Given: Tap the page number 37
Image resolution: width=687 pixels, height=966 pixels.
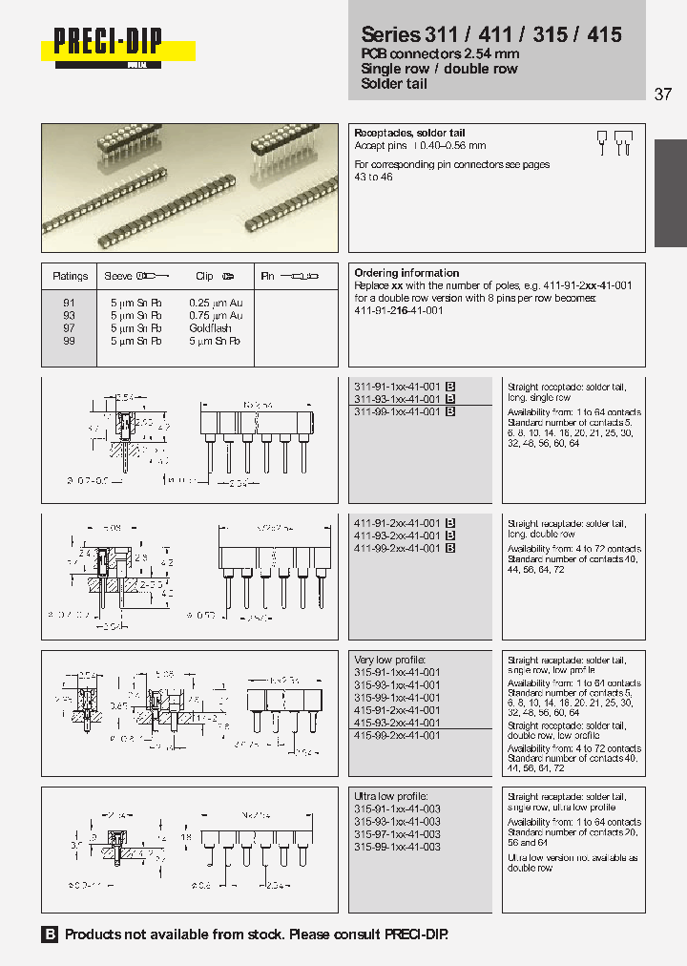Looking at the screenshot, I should (x=663, y=94).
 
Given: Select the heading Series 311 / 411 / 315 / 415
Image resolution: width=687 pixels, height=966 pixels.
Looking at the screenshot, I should (x=491, y=35).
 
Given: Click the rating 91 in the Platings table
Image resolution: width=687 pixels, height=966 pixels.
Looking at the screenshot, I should (x=69, y=303).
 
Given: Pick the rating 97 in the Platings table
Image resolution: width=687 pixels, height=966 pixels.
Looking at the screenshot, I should (x=69, y=328).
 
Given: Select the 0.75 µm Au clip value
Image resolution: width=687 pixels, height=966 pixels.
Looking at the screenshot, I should (x=216, y=315).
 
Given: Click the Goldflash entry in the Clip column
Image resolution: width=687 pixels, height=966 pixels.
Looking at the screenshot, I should (x=210, y=328).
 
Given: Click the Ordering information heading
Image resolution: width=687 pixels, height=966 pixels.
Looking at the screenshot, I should (x=406, y=273).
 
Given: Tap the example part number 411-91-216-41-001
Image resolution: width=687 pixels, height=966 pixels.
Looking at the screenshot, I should (x=397, y=310).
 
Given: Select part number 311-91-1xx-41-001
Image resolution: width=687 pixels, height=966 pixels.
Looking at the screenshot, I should (x=397, y=387).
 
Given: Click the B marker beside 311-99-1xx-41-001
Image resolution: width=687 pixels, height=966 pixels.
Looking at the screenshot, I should (x=450, y=411).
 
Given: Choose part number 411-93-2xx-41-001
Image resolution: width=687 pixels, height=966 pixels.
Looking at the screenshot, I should (x=397, y=536).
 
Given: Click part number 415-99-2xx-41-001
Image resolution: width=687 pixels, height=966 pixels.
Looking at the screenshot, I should (x=397, y=736).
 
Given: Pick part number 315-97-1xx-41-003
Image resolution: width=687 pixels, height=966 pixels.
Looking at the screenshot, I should (x=397, y=834).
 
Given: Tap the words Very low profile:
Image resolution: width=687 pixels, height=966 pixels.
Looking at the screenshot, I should (x=389, y=661).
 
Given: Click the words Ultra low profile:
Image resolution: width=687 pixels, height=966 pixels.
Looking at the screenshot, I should (x=391, y=797).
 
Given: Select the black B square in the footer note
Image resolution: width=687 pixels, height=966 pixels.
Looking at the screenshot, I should (x=51, y=935).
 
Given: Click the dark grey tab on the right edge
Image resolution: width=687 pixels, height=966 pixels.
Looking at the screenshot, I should (x=670, y=194).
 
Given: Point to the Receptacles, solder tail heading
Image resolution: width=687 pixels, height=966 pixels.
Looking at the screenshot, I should (x=409, y=134).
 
